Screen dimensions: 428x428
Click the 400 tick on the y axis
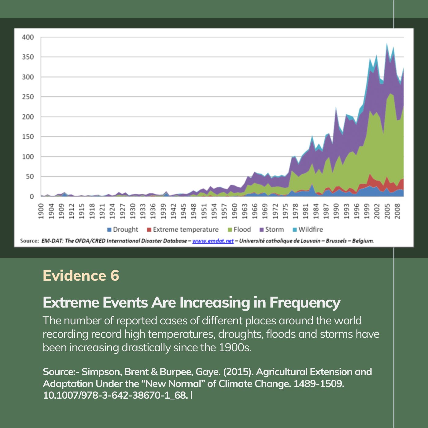[28, 37]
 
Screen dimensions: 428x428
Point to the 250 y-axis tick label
[28, 97]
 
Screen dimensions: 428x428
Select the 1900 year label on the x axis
[41, 211]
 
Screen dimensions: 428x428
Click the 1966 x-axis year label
[255, 211]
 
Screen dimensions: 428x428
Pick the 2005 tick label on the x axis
[387, 211]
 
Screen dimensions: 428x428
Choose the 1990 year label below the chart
[336, 211]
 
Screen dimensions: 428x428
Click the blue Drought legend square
[109, 230]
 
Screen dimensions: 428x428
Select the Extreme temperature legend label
[186, 229]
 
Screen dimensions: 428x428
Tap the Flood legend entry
[239, 229]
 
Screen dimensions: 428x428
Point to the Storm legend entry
[272, 229]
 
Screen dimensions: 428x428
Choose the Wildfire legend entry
[308, 229]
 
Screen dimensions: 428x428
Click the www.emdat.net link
[213, 241]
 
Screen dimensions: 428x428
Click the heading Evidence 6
[81, 275]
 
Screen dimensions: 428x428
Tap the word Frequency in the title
[305, 303]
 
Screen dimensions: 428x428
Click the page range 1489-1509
[319, 384]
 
